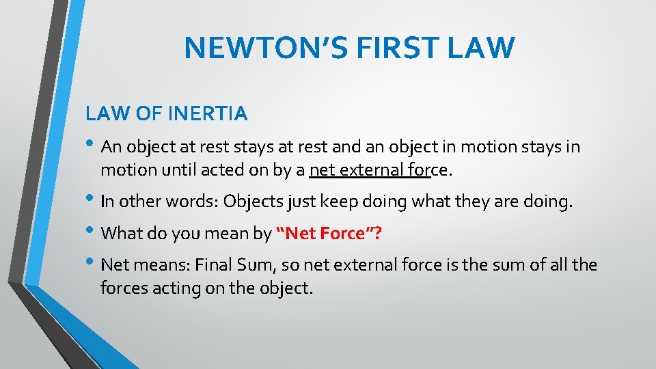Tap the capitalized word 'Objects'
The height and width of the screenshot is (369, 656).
(253, 202)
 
